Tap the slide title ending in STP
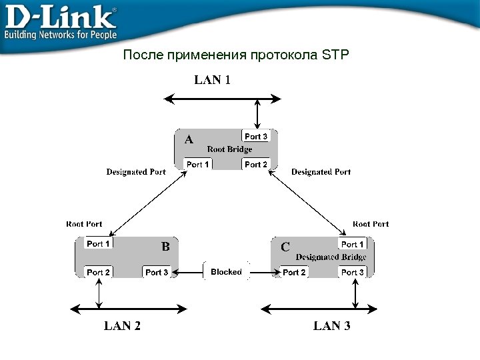pyautogui.click(x=236, y=55)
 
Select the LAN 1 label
pyautogui.click(x=213, y=81)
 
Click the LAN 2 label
pyautogui.click(x=122, y=326)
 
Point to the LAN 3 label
pyautogui.click(x=332, y=326)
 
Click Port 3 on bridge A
pyautogui.click(x=256, y=137)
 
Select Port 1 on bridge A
pyautogui.click(x=198, y=164)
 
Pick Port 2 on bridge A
pyautogui.click(x=256, y=164)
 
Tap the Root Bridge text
pyautogui.click(x=230, y=149)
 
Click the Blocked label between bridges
pyautogui.click(x=226, y=272)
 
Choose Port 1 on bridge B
pyautogui.click(x=98, y=244)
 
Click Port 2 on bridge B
pyautogui.click(x=98, y=272)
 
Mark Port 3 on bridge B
pyautogui.click(x=157, y=272)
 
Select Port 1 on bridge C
pyautogui.click(x=353, y=245)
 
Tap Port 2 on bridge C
pyautogui.click(x=294, y=272)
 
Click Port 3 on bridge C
pyautogui.click(x=353, y=272)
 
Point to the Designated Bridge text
pyautogui.click(x=331, y=257)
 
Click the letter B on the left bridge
pyautogui.click(x=166, y=247)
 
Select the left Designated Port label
pyautogui.click(x=136, y=172)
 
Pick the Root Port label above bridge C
pyautogui.click(x=371, y=224)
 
